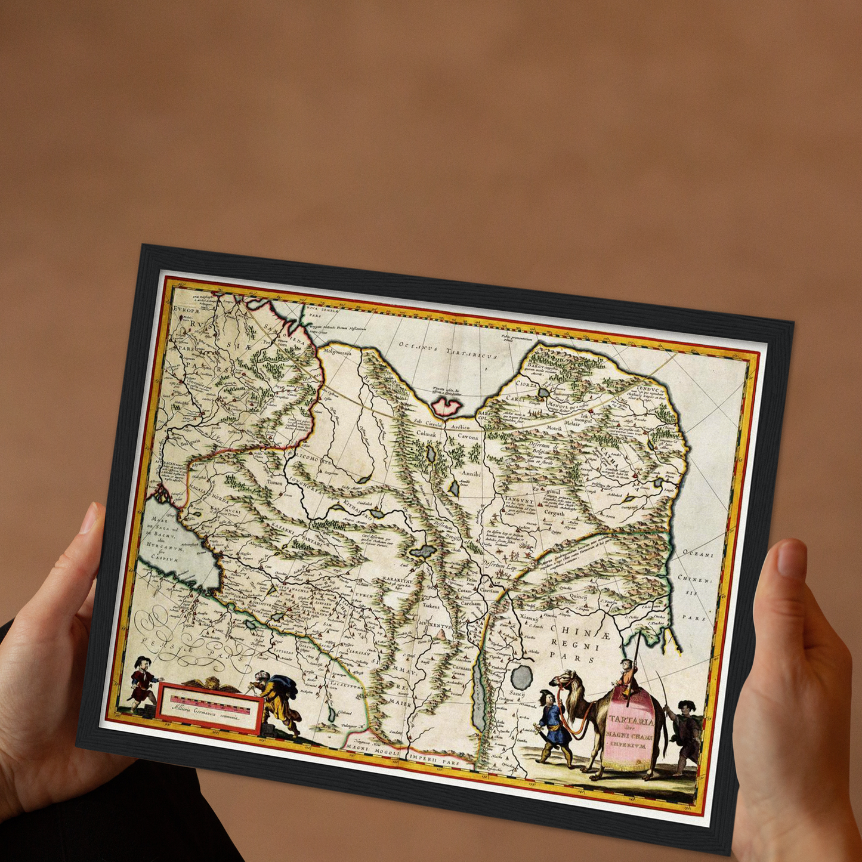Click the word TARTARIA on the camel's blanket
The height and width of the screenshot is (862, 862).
(632, 721)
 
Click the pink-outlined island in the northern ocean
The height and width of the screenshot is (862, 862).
(447, 406)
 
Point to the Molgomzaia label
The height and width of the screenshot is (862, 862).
(338, 352)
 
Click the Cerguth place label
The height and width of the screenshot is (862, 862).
(554, 512)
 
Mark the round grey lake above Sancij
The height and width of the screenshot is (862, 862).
(521, 676)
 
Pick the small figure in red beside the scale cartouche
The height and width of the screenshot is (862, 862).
(141, 678)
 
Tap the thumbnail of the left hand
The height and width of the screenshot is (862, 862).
(89, 518)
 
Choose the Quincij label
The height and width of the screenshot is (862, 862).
(578, 596)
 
